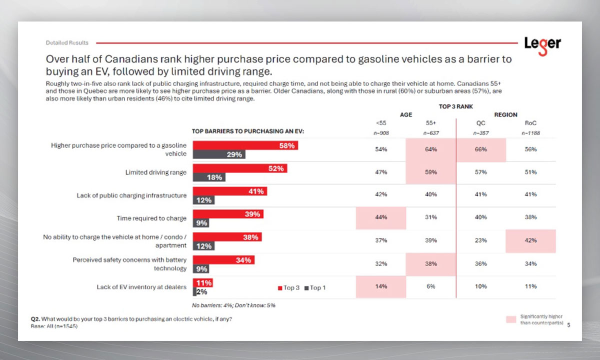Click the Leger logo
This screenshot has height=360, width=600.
[x=542, y=44]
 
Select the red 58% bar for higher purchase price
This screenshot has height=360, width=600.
[x=245, y=145]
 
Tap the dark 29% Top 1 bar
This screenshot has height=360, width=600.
[x=219, y=154]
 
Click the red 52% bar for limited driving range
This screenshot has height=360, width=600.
[x=240, y=168]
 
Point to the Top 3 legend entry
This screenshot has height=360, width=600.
[x=288, y=287]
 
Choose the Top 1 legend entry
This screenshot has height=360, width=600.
[x=314, y=287]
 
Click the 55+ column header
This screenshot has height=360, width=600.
[x=431, y=123]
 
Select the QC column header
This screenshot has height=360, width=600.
[x=481, y=123]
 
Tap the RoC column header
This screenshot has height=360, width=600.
[x=530, y=123]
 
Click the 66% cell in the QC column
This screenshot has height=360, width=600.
[x=481, y=149]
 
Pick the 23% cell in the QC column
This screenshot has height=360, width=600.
[x=481, y=240]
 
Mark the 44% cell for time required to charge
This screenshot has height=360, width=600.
[x=381, y=217]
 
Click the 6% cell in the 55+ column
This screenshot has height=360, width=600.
[x=431, y=286]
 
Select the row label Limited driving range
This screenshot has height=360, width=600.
[x=155, y=172]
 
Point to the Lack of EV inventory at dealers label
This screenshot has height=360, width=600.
[x=141, y=287]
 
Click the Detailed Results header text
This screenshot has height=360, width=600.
[x=67, y=43]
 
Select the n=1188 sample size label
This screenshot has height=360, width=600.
[x=530, y=133]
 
